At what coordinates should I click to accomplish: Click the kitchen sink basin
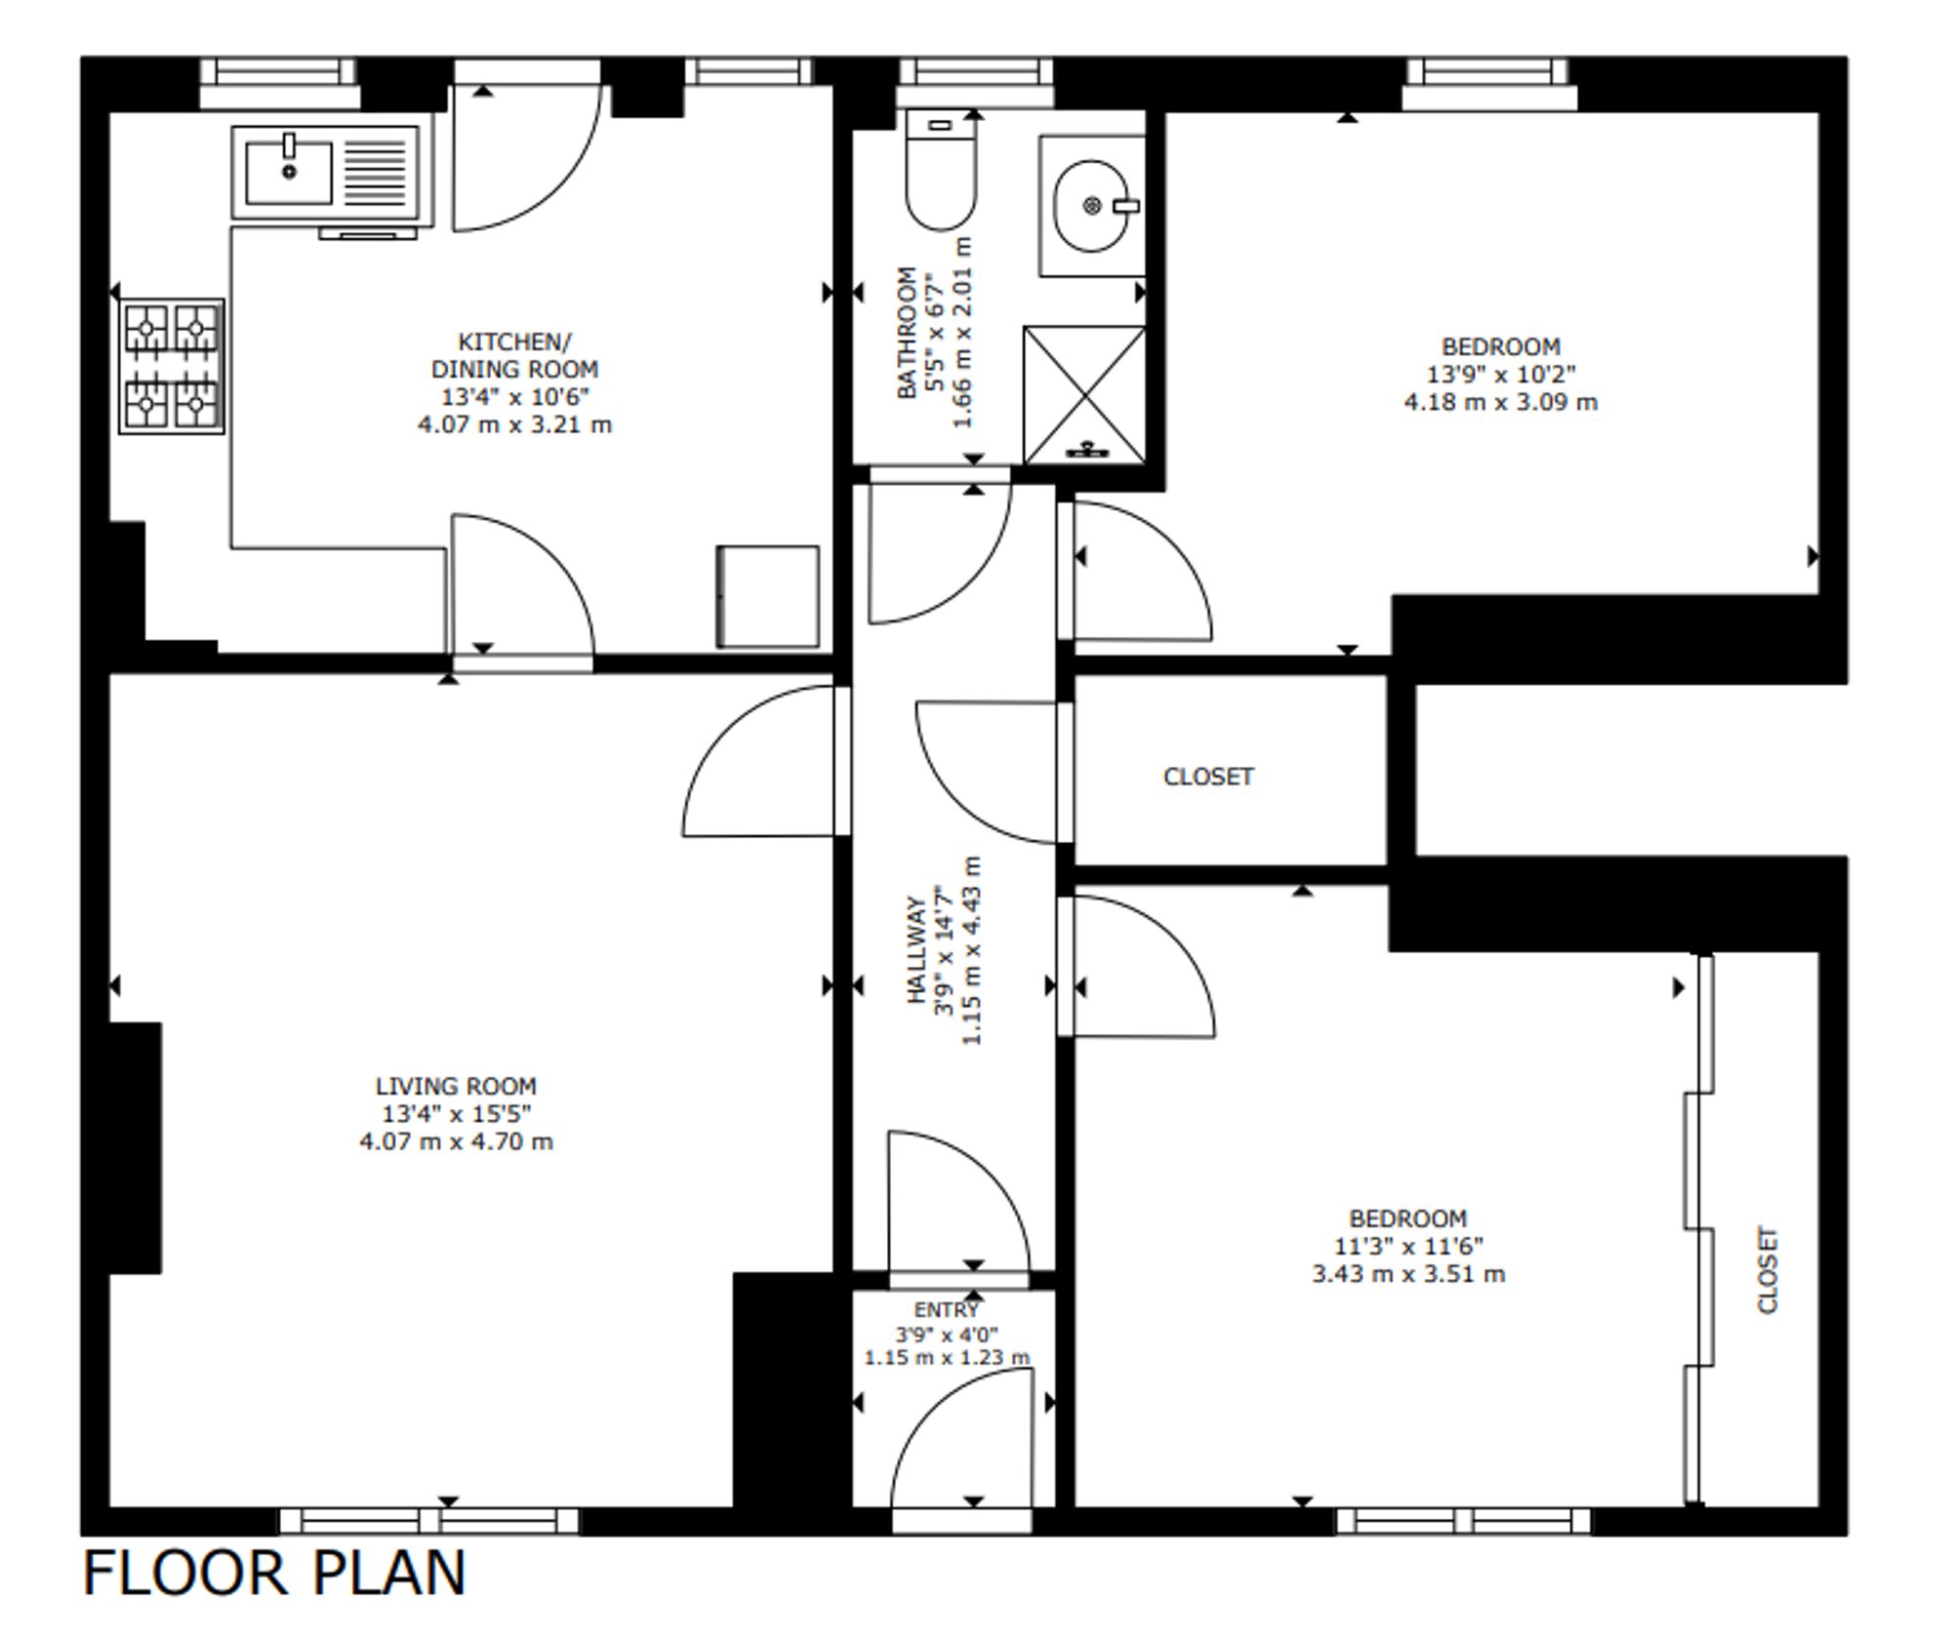(x=288, y=173)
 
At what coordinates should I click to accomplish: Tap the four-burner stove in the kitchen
(x=172, y=366)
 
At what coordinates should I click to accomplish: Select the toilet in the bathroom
(x=941, y=170)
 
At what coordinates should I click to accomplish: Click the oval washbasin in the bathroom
(x=1092, y=206)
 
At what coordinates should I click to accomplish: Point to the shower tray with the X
(x=1084, y=395)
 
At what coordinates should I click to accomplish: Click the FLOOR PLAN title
(x=274, y=1574)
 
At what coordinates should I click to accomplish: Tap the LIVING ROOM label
(x=456, y=1086)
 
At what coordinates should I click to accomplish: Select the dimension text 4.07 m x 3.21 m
(x=515, y=424)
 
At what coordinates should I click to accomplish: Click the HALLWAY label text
(x=916, y=949)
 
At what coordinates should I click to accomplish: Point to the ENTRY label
(x=946, y=1309)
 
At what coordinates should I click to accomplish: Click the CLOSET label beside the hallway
(x=1208, y=777)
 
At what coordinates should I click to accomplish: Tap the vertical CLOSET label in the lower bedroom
(x=1768, y=1270)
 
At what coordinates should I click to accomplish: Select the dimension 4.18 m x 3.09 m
(x=1501, y=402)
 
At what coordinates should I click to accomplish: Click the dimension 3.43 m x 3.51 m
(x=1408, y=1274)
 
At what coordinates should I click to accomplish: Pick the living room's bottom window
(x=429, y=1521)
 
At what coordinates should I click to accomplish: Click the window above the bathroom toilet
(x=975, y=83)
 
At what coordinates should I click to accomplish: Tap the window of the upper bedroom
(x=1489, y=84)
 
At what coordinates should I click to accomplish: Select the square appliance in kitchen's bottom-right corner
(x=768, y=596)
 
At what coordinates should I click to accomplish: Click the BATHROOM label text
(x=907, y=333)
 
